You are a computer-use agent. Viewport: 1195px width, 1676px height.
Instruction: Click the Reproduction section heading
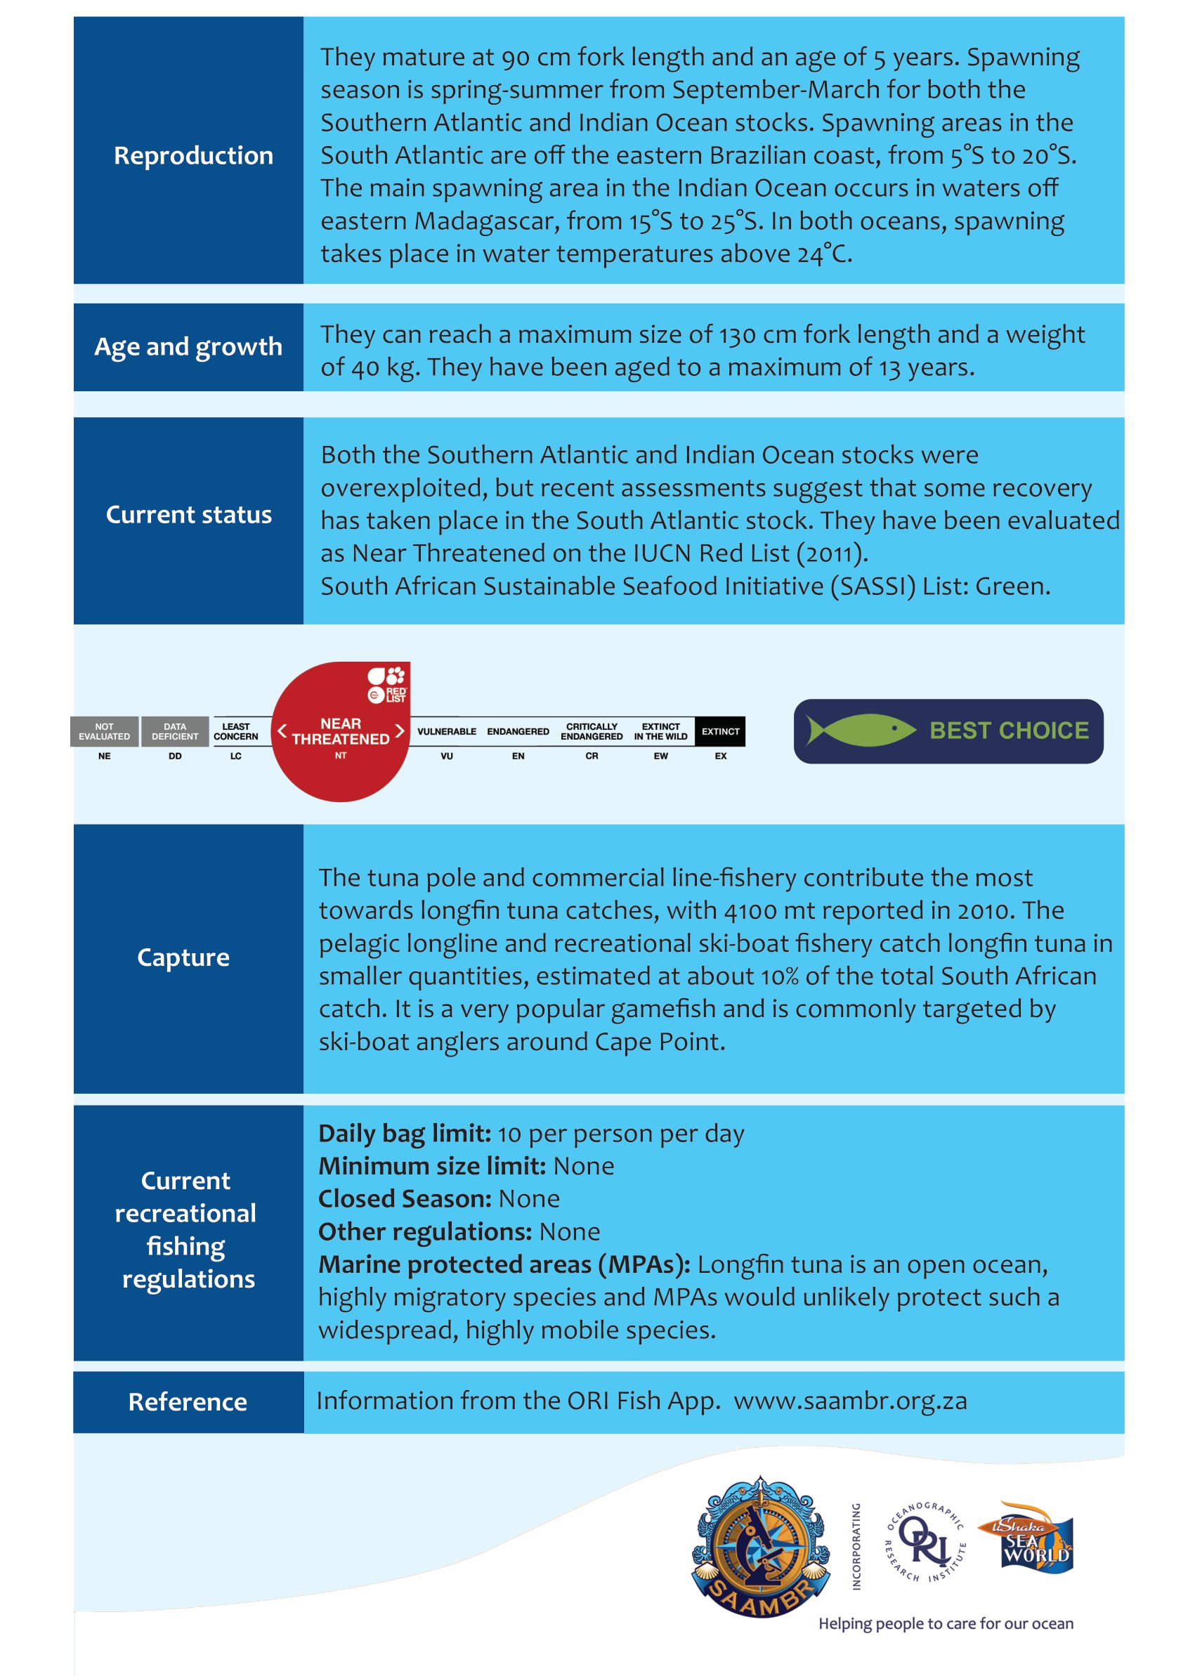pyautogui.click(x=192, y=155)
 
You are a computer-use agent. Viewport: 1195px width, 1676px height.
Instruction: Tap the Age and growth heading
pyautogui.click(x=188, y=346)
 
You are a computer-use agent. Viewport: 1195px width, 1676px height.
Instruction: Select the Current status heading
pyautogui.click(x=188, y=514)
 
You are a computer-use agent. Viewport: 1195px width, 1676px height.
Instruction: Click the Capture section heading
pyautogui.click(x=183, y=957)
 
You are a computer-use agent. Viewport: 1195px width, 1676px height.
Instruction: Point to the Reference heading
pyautogui.click(x=188, y=1401)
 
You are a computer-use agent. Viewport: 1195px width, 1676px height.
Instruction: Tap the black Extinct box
pyautogui.click(x=719, y=731)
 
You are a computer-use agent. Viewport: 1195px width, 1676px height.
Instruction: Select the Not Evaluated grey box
pyautogui.click(x=105, y=731)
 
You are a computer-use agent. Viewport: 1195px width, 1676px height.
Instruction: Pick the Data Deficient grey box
pyautogui.click(x=175, y=731)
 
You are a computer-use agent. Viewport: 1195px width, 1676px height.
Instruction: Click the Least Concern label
pyautogui.click(x=235, y=731)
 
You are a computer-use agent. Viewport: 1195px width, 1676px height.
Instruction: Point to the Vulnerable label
pyautogui.click(x=447, y=731)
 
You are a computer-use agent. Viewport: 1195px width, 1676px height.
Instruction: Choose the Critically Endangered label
pyautogui.click(x=592, y=731)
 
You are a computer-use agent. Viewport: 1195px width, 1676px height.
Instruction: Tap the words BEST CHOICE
pyautogui.click(x=1009, y=731)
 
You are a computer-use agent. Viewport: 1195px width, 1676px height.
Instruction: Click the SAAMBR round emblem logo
pyautogui.click(x=761, y=1547)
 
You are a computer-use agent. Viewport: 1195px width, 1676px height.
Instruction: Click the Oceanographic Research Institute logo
pyautogui.click(x=925, y=1541)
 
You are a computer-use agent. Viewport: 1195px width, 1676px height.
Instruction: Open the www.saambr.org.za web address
pyautogui.click(x=850, y=1401)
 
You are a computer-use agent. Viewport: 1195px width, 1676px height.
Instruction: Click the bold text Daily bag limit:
pyautogui.click(x=404, y=1134)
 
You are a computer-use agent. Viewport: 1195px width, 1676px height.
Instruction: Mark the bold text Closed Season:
pyautogui.click(x=404, y=1199)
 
